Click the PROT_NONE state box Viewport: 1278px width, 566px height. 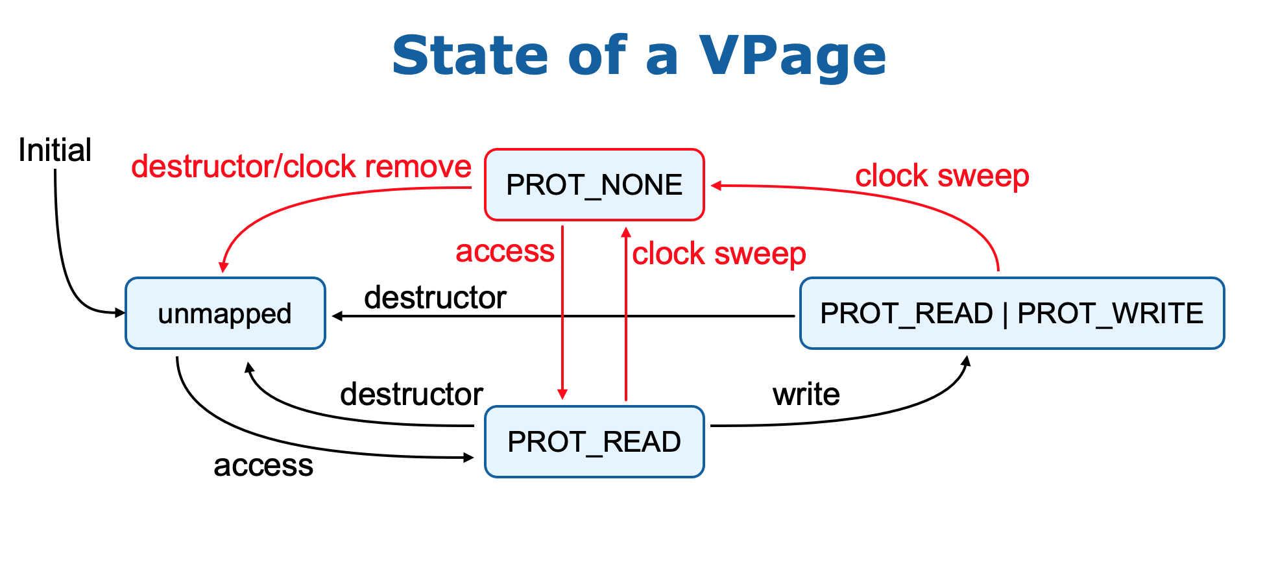tap(594, 185)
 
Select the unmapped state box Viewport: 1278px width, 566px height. tap(225, 314)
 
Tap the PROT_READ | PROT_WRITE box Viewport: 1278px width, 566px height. tap(1011, 314)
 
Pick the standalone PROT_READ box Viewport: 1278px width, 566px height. tap(594, 442)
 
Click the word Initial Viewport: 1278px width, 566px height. tap(54, 150)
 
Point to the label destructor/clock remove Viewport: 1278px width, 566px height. tap(301, 167)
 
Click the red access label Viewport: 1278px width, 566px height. tap(505, 251)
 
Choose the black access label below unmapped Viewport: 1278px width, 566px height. tap(263, 465)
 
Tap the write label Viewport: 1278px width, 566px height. tap(806, 394)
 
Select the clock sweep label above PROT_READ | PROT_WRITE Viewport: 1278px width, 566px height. tap(942, 176)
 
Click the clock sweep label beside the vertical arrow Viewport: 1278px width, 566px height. tap(719, 253)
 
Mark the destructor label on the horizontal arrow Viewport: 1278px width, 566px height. tap(435, 298)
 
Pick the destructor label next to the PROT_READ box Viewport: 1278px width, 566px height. tap(411, 394)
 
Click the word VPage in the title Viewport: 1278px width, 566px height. tap(792, 56)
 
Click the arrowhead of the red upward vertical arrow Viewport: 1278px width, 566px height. tap(626, 232)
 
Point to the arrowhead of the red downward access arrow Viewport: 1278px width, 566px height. tap(562, 394)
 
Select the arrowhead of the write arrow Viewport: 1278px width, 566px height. tap(967, 361)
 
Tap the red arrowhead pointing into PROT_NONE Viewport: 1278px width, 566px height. tap(716, 186)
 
